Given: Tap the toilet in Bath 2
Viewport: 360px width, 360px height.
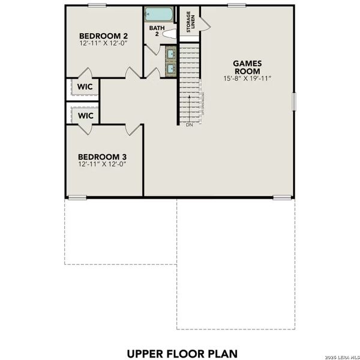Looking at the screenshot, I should [x=170, y=34].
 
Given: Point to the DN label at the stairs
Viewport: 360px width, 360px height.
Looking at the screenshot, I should [x=189, y=126].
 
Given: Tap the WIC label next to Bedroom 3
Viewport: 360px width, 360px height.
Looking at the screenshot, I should [x=83, y=115].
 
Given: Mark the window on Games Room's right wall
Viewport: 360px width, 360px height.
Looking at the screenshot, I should [x=294, y=101].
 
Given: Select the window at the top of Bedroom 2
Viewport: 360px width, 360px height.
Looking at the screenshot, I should [x=97, y=5].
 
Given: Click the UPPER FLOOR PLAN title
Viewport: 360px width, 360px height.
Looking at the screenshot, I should [x=179, y=352].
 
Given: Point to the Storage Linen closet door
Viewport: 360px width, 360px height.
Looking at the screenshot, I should [x=205, y=21].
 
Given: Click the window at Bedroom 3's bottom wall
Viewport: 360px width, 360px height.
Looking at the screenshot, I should [x=76, y=197].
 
